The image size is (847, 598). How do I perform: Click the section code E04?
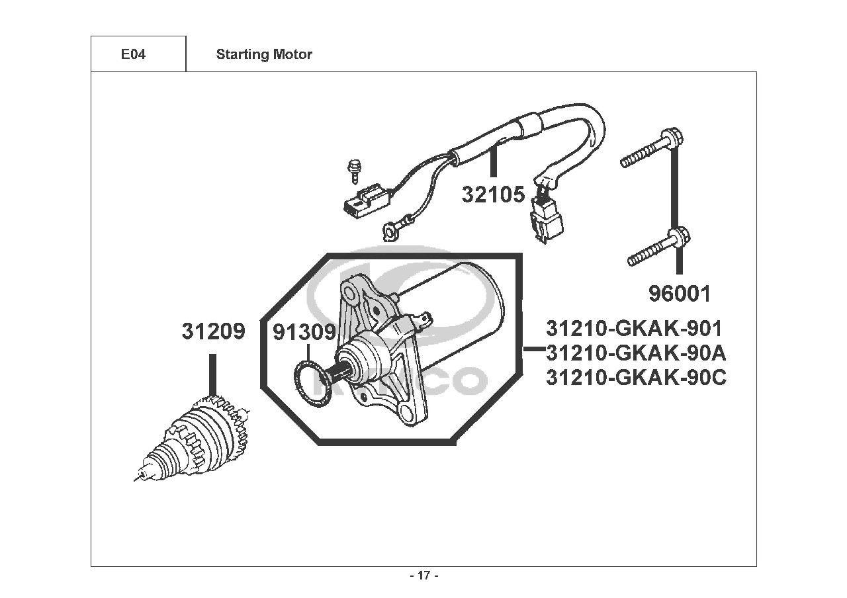click(133, 54)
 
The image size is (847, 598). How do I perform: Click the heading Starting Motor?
click(264, 54)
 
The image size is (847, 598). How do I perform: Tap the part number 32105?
click(493, 194)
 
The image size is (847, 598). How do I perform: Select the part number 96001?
click(680, 294)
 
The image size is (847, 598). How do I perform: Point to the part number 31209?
click(213, 331)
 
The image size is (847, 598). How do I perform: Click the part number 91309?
click(304, 333)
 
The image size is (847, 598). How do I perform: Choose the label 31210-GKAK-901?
click(634, 329)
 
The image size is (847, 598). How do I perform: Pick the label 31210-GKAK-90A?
click(636, 353)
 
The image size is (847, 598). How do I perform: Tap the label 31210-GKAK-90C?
click(636, 377)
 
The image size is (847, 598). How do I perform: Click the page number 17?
click(424, 576)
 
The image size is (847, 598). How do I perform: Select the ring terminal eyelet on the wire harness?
click(390, 232)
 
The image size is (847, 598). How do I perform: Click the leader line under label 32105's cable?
click(492, 162)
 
